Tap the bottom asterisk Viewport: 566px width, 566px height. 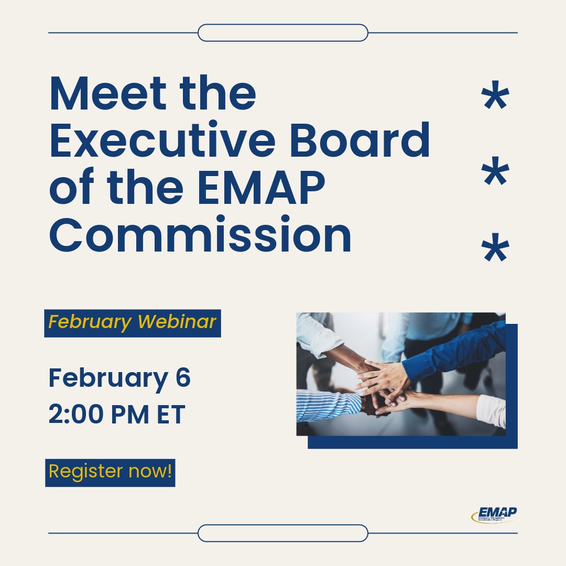(495, 250)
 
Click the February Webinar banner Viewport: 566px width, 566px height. (132, 322)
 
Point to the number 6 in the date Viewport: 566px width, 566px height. (183, 377)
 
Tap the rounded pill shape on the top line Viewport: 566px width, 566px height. (283, 32)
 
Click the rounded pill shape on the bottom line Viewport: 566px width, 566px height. (283, 533)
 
